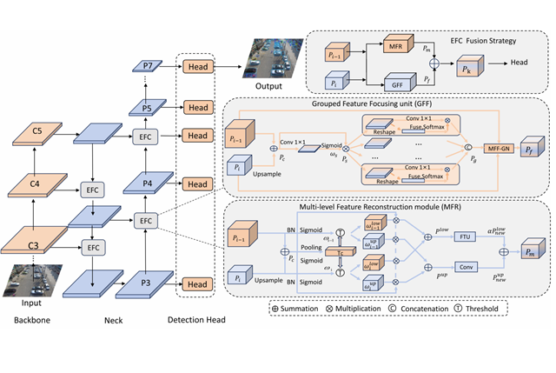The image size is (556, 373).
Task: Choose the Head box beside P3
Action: click(x=198, y=284)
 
